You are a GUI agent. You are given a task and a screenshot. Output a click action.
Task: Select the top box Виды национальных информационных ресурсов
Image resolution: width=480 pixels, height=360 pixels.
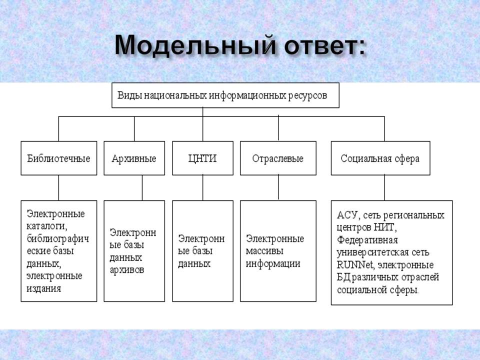tap(225, 95)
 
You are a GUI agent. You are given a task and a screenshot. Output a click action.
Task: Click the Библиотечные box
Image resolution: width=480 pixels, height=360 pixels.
tap(58, 158)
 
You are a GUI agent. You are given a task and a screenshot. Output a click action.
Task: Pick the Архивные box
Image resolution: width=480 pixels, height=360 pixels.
tap(134, 158)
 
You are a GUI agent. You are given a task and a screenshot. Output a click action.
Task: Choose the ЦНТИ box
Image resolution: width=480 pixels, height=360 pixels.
tap(202, 158)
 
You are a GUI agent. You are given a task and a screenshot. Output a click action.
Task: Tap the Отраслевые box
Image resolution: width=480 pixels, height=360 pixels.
tap(278, 158)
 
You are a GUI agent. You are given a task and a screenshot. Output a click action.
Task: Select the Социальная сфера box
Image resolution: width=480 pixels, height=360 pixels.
tap(380, 158)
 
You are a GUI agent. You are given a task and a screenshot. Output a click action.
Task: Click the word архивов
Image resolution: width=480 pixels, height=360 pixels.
tap(127, 270)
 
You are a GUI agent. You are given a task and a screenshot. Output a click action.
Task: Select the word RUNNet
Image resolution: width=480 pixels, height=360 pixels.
tap(354, 264)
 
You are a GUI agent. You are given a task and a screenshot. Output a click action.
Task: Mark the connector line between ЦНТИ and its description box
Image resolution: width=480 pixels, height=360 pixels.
tap(202, 187)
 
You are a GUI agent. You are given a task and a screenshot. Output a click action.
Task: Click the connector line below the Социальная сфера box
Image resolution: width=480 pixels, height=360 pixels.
tap(384, 187)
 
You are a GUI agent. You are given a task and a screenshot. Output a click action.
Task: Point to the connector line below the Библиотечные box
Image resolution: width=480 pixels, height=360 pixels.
tap(58, 187)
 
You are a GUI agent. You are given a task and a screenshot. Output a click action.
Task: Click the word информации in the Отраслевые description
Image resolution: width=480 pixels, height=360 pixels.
tap(273, 263)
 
